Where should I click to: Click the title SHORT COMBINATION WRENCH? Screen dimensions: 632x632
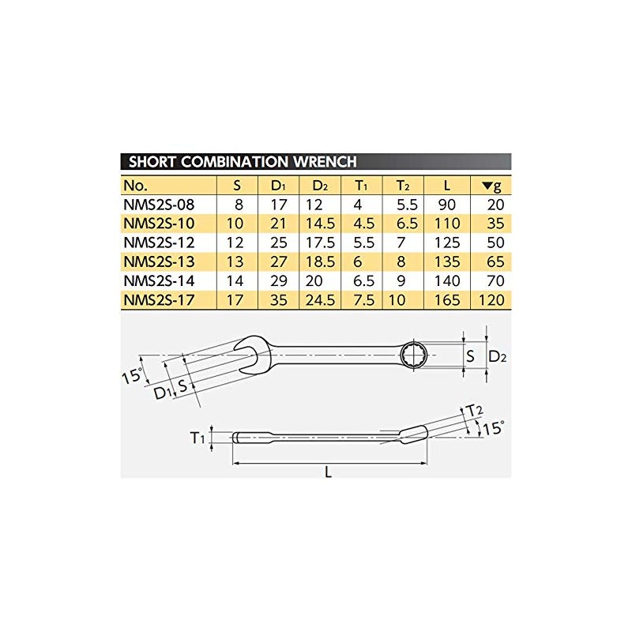click(243, 162)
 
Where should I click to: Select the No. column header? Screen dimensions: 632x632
click(135, 186)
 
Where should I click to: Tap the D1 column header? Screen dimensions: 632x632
click(278, 186)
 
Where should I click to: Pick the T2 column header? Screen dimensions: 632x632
click(403, 186)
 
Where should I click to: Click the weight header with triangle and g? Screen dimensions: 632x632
click(491, 186)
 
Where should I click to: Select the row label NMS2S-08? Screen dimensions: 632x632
click(159, 205)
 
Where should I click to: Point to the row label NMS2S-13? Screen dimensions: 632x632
click(159, 262)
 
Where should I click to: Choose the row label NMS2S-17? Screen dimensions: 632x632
click(159, 300)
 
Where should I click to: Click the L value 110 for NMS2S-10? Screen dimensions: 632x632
click(447, 224)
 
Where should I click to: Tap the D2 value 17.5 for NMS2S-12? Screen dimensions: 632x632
click(320, 243)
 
